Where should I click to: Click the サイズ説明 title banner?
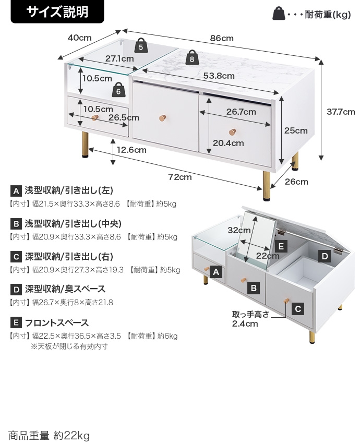pos(57,11)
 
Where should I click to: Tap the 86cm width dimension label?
pos(222,38)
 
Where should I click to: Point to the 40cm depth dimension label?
pos(79,38)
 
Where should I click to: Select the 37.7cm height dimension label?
pos(341,112)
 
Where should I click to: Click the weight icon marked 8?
pos(193,58)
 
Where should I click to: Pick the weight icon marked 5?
pos(141,46)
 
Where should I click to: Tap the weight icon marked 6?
pos(118,90)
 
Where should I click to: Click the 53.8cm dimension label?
pos(219,76)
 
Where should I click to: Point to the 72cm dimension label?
pos(179,177)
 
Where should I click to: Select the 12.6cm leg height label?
pos(131,150)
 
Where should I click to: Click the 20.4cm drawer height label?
pos(228,143)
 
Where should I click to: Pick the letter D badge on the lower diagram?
pos(325,256)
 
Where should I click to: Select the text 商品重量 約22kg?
pos(49,435)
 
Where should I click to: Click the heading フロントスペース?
pos(57,323)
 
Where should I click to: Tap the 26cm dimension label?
pos(296,182)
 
